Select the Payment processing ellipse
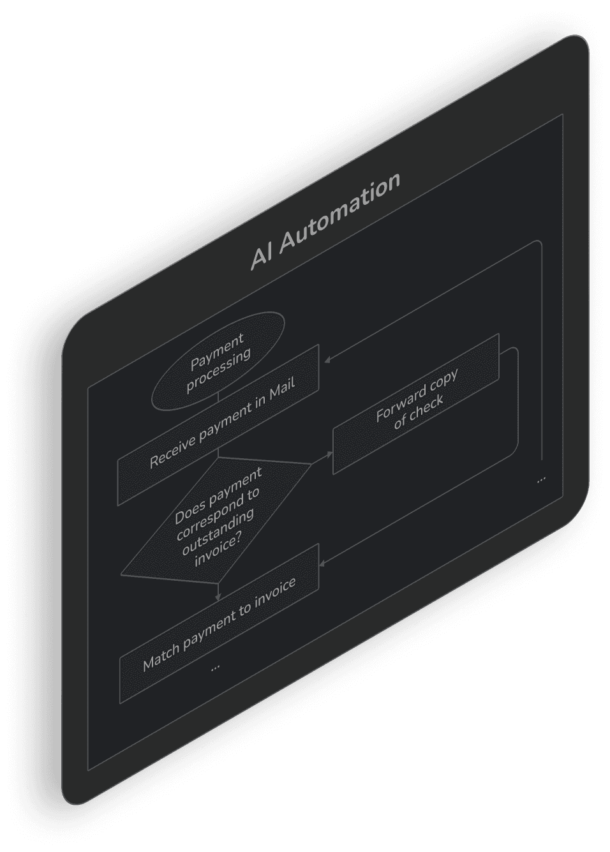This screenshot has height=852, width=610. click(x=217, y=361)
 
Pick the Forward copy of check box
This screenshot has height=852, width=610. click(x=416, y=405)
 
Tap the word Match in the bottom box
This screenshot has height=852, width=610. click(x=161, y=655)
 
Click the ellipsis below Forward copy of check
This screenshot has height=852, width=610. click(x=541, y=478)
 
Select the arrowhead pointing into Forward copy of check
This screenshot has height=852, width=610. click(x=330, y=455)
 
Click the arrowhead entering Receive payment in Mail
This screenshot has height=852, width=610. click(x=327, y=360)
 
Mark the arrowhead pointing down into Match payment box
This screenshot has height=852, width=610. click(x=218, y=597)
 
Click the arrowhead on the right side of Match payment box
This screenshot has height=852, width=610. click(x=323, y=563)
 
